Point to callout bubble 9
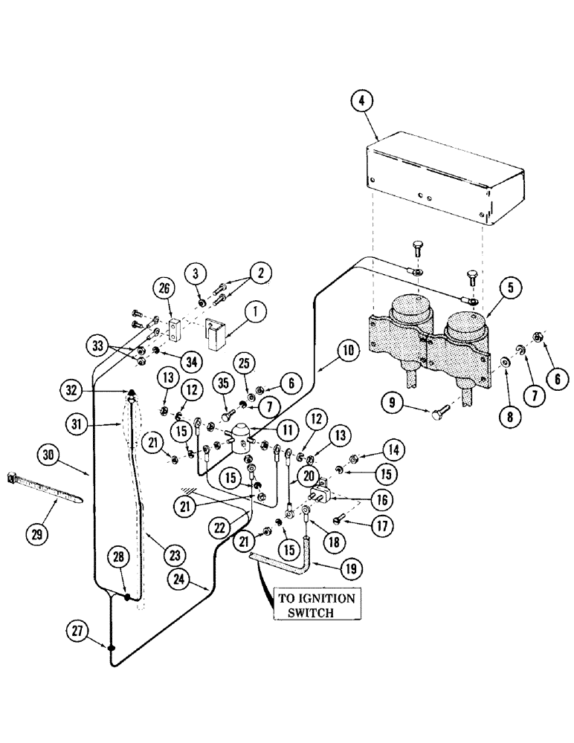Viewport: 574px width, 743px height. [434, 406]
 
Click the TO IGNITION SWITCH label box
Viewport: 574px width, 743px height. [317, 606]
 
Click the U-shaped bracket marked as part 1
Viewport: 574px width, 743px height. [217, 331]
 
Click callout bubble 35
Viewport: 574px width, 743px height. [223, 385]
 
